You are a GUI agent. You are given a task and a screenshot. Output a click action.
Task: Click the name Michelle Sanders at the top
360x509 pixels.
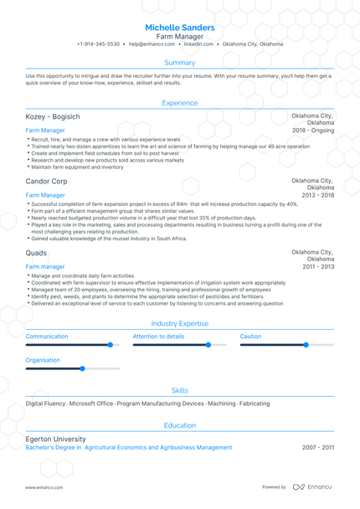point(179,28)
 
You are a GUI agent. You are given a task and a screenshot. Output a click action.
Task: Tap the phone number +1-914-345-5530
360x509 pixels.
point(98,44)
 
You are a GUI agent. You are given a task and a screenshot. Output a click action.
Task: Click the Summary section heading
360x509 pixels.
point(180,63)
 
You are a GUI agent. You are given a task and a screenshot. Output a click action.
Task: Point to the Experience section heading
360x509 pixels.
point(180,103)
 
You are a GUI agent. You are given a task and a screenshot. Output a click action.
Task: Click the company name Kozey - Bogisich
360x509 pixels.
point(53,118)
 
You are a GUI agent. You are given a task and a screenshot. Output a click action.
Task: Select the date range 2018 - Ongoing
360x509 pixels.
point(312,131)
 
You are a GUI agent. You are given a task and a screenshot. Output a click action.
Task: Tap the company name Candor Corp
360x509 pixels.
point(47,181)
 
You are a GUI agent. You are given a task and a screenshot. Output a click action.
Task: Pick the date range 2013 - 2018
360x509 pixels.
point(317,194)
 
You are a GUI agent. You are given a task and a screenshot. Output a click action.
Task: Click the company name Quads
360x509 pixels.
point(36,252)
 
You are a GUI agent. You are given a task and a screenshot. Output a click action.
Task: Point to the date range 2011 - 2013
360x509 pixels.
point(318,266)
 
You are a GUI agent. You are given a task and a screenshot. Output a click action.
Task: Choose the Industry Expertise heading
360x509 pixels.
point(180,323)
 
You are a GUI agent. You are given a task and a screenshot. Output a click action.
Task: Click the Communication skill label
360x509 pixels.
point(47,337)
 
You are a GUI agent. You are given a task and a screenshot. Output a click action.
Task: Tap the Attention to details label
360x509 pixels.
point(158,337)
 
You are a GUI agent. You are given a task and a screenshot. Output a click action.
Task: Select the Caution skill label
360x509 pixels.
point(250,337)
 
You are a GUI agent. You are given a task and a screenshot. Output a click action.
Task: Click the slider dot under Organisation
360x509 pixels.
point(82,368)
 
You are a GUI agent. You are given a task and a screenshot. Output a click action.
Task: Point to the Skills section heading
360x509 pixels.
point(180,390)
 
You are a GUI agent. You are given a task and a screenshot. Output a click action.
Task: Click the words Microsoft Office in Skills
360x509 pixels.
point(91,404)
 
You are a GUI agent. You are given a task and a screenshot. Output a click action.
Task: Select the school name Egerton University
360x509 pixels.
point(55,439)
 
